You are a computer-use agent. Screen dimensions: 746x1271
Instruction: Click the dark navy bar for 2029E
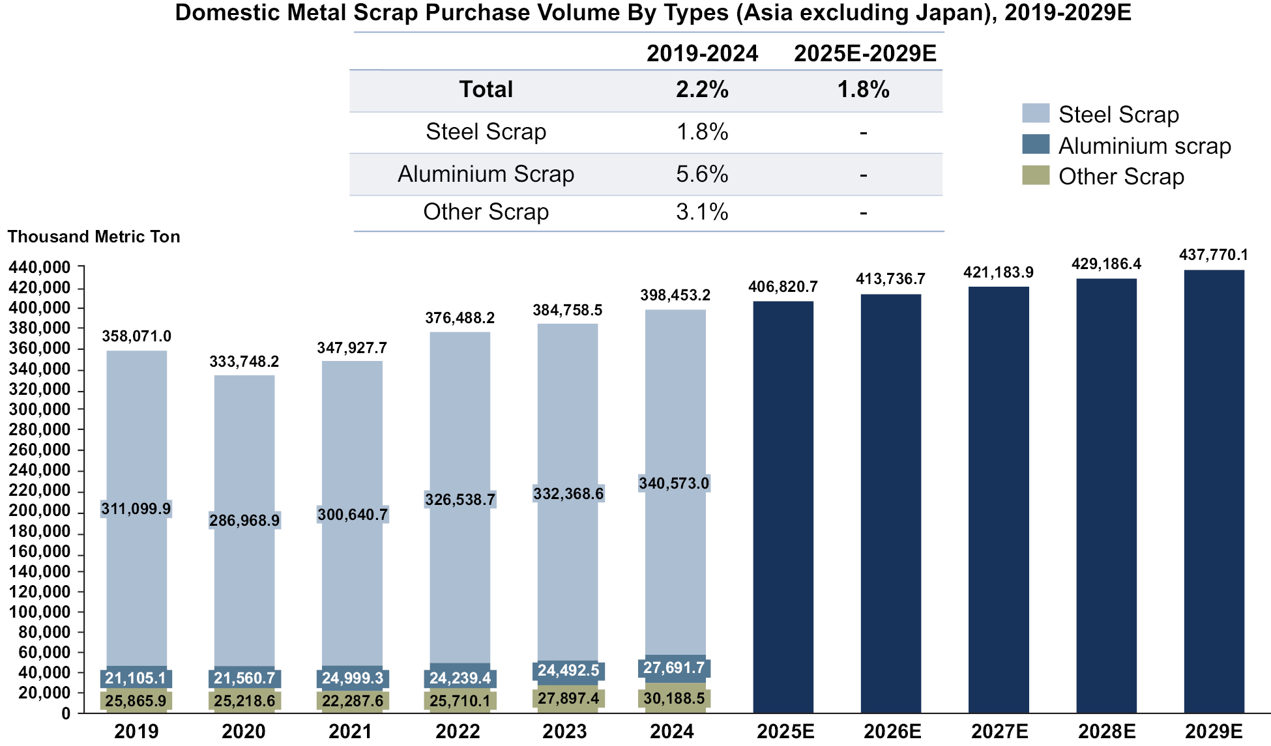tap(1214, 491)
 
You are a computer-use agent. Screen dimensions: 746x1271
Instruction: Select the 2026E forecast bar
tap(890, 503)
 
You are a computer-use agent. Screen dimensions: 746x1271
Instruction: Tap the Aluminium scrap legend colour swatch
tap(1035, 145)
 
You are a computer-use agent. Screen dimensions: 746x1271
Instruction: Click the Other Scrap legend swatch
tap(1035, 175)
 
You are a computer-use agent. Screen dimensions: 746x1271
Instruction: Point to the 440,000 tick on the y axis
tap(39, 267)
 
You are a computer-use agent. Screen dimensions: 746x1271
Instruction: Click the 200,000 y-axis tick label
tap(39, 511)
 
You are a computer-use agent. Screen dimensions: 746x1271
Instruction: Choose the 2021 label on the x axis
tap(351, 731)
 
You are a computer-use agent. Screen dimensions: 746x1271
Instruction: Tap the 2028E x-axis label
tap(1106, 731)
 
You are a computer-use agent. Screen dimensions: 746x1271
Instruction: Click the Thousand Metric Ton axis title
tap(94, 237)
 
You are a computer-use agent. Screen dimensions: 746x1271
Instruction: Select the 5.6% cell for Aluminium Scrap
tap(702, 174)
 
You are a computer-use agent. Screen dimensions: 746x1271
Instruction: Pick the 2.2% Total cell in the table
tap(702, 89)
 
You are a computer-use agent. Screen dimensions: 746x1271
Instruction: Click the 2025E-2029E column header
tap(865, 53)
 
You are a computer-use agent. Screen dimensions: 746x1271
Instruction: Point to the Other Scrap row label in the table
tap(486, 212)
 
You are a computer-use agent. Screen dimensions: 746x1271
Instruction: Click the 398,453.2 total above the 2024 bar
tap(675, 295)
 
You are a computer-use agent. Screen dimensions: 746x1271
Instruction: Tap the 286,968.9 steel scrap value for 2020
tap(244, 521)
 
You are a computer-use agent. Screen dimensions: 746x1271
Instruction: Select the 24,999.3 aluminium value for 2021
tap(353, 678)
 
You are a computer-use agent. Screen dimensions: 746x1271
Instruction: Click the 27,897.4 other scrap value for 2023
tap(568, 698)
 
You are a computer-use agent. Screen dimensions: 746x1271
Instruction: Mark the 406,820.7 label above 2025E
tap(783, 287)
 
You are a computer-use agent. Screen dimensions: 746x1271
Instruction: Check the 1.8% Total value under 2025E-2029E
tap(863, 89)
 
